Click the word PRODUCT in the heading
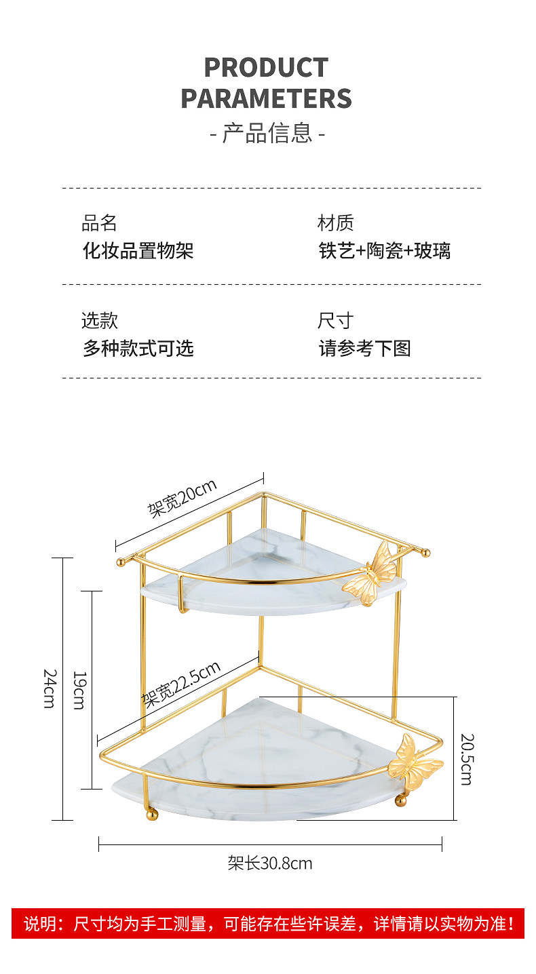266,68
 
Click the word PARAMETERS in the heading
266,99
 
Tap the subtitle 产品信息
267,133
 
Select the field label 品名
99,223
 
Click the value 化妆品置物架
138,251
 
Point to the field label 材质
335,223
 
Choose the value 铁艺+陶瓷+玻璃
385,251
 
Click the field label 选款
99,321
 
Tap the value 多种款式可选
138,349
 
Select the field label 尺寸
335,321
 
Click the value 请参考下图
365,349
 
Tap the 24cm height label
50,688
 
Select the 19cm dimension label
79,690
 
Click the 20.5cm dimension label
467,758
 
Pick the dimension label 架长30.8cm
270,863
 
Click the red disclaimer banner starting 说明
268,923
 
